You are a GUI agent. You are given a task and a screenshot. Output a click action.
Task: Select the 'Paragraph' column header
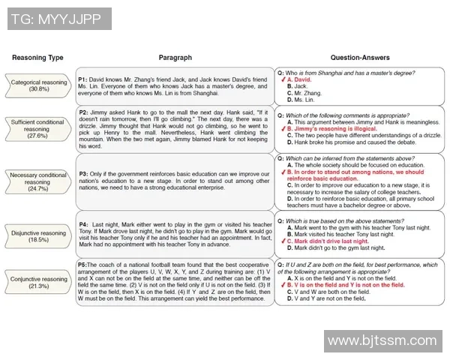(175, 58)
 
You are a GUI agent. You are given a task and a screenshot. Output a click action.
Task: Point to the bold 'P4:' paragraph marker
(85, 223)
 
